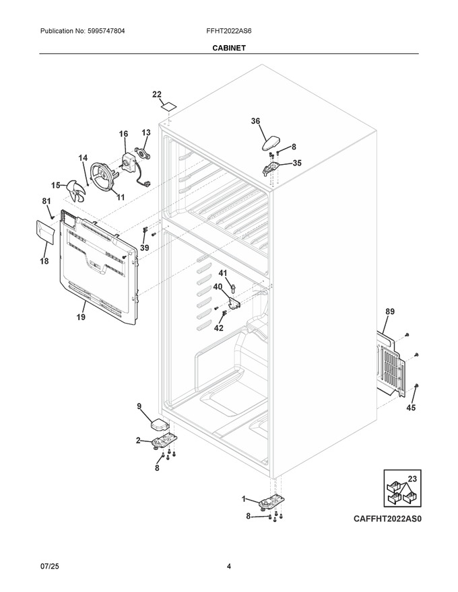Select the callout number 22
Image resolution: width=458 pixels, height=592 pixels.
coord(157,94)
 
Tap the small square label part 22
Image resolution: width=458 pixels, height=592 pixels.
coord(168,106)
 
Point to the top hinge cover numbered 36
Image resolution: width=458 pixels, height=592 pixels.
coord(271,143)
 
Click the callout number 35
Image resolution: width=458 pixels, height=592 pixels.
coord(297,163)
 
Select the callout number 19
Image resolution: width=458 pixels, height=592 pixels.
coord(81,317)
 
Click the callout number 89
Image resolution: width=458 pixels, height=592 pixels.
coord(389,311)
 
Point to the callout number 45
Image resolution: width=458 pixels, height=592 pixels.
coord(411,408)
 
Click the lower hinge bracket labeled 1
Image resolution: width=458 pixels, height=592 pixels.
coord(271,503)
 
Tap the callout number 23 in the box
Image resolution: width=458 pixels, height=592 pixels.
coord(412,479)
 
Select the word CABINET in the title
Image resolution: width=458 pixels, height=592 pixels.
coord(229,48)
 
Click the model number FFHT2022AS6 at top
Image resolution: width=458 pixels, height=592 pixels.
coord(229,31)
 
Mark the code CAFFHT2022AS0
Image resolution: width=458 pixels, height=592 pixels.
coord(387,519)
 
